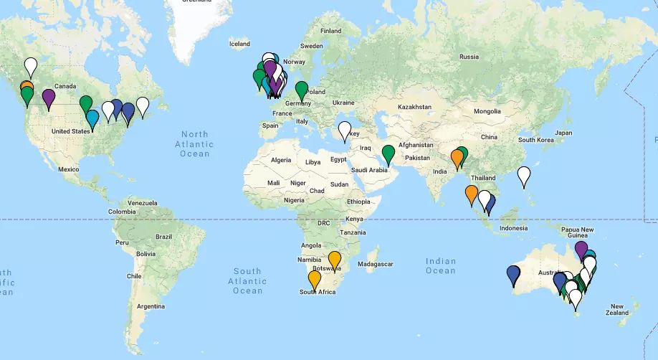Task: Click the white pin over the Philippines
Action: (524, 175)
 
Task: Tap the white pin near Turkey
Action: (345, 131)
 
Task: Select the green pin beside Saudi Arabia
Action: (388, 153)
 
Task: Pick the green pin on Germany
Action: (302, 90)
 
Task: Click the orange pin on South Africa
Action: (315, 279)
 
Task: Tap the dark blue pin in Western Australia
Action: (513, 274)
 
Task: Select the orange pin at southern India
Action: (471, 194)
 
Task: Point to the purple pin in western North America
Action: (49, 98)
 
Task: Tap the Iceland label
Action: (239, 44)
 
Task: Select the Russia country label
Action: (469, 57)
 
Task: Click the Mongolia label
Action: (487, 111)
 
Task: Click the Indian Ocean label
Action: (440, 266)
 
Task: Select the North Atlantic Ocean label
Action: (194, 144)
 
